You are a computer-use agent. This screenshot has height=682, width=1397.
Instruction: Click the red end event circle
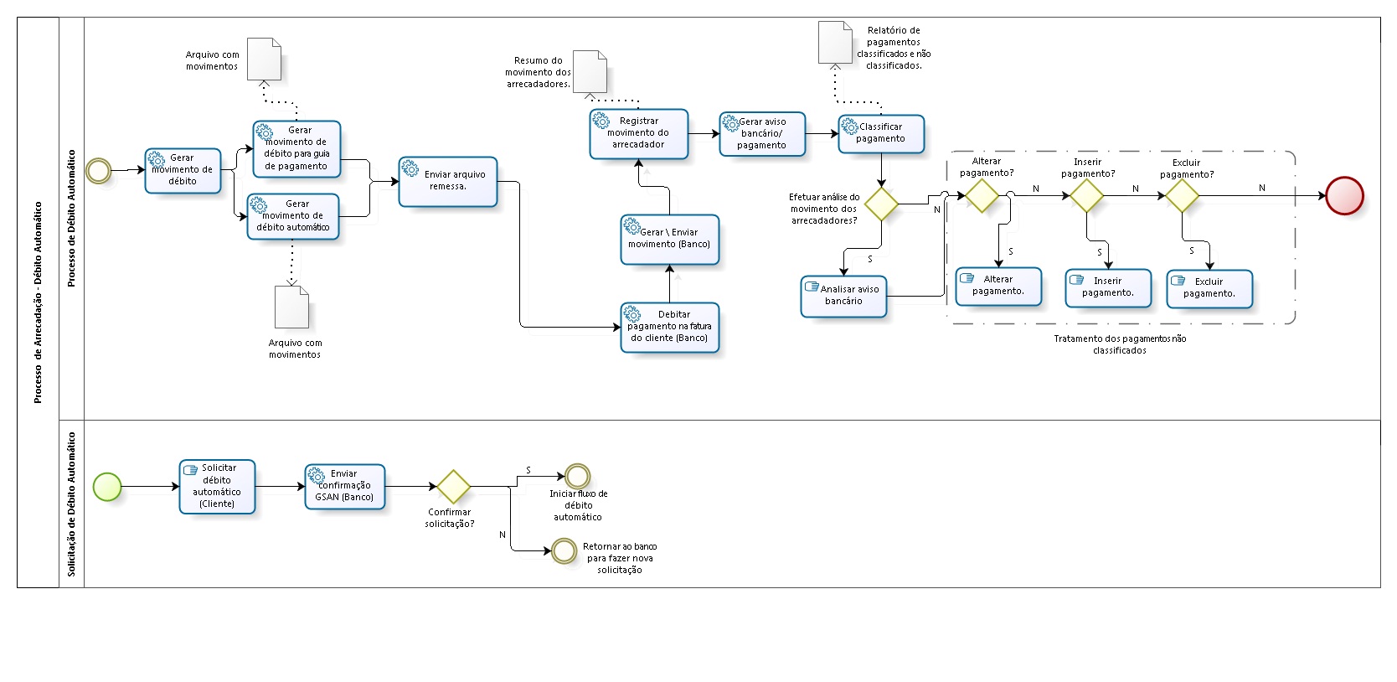tap(1344, 195)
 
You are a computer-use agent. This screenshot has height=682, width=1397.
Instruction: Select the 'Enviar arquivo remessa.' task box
tap(448, 181)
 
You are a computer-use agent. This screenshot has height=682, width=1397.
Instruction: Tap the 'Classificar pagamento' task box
tap(881, 133)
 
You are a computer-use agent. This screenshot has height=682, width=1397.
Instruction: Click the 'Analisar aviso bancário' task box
tap(843, 296)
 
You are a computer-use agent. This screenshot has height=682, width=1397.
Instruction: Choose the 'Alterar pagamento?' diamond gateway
tap(982, 195)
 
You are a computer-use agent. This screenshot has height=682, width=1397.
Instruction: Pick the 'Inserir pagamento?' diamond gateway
tap(1086, 195)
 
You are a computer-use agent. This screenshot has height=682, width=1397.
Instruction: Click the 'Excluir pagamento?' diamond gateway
tap(1182, 195)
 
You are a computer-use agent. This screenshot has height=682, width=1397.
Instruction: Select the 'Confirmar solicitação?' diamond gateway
tap(453, 486)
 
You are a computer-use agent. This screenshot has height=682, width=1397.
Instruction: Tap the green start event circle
tap(107, 486)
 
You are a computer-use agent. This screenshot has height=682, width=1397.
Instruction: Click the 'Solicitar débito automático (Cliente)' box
tap(217, 486)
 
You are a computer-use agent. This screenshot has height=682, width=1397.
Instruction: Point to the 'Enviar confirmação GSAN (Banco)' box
tap(345, 486)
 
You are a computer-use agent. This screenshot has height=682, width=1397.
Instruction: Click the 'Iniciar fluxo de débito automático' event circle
tap(577, 476)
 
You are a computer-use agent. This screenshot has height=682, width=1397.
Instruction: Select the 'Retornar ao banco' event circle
tap(564, 550)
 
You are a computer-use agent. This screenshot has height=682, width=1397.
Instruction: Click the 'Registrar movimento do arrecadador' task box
tap(638, 133)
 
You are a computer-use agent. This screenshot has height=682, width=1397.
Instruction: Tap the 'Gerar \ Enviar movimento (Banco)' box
tap(669, 239)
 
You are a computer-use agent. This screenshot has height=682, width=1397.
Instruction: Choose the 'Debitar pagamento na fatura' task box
tap(669, 327)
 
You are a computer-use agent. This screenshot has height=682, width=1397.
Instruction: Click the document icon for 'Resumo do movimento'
tap(590, 72)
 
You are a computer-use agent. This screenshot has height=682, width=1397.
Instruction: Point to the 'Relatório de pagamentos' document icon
tap(835, 43)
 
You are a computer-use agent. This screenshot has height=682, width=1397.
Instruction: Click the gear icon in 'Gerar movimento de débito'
tap(157, 158)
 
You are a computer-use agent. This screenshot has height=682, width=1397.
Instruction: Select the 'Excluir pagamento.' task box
tap(1209, 288)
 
